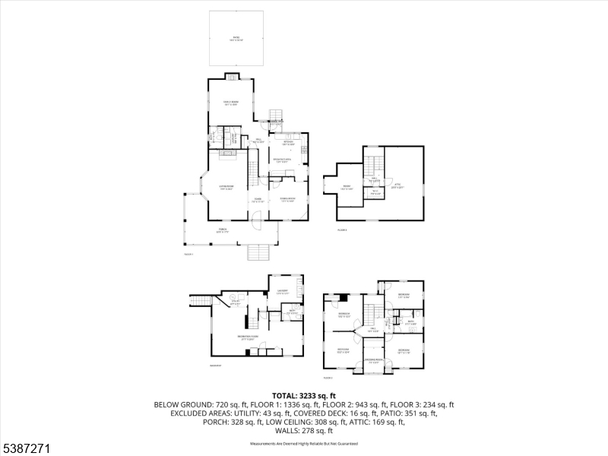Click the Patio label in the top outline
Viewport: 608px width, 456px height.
point(236,37)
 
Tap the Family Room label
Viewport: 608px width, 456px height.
point(230,104)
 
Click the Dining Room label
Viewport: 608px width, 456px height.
point(287,199)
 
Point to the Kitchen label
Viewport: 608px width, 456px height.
point(289,143)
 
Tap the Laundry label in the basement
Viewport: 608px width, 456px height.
point(282,292)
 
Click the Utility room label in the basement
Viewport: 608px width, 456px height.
point(236,302)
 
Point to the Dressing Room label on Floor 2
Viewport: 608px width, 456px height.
point(372,360)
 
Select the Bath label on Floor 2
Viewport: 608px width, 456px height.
point(410,322)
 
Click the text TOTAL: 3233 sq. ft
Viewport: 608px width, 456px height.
point(304,396)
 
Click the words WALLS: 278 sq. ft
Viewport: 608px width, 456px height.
point(304,430)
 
